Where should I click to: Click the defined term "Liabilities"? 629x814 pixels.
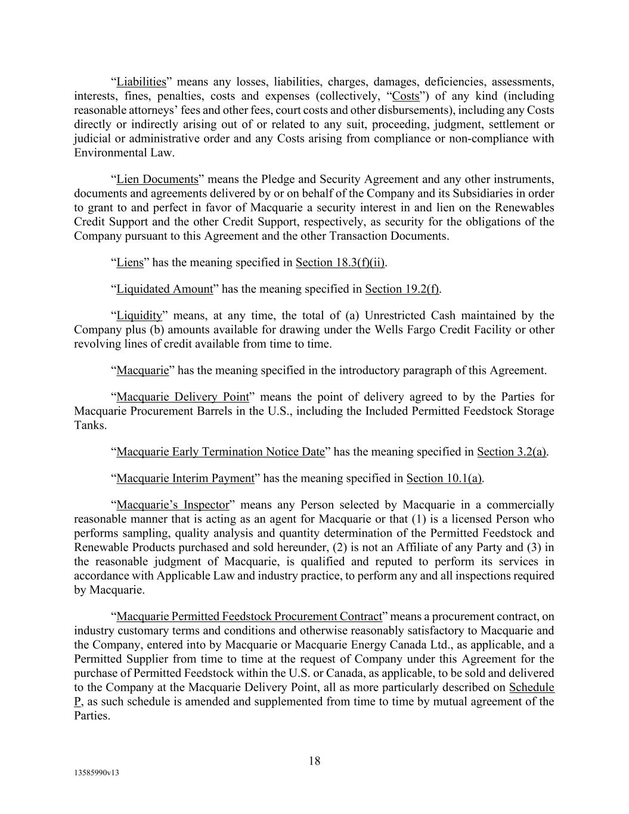[141, 82]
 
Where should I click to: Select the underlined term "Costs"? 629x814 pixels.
[406, 96]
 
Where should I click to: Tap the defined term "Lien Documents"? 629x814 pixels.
[157, 179]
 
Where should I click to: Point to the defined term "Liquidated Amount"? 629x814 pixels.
[164, 289]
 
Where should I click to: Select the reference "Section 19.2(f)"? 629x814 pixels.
[402, 289]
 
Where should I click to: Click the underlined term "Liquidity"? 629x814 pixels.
[139, 315]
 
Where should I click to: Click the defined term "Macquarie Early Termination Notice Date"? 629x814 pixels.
[221, 452]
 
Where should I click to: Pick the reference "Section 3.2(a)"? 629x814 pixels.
[512, 452]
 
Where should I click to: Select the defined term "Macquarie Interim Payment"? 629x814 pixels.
[185, 478]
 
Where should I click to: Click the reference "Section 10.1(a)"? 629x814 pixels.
[444, 478]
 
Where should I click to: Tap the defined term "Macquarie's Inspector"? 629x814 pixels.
[172, 505]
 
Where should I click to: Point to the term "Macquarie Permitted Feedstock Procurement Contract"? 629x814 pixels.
[249, 617]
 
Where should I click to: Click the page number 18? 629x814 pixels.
[314, 761]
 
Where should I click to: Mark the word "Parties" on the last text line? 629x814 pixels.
[91, 716]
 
